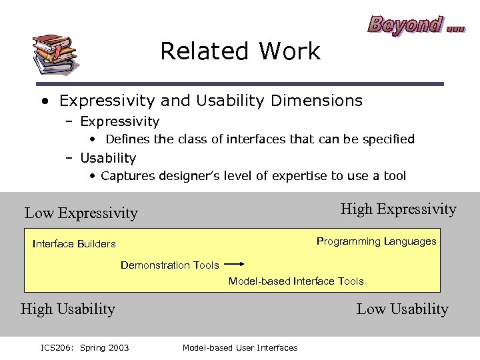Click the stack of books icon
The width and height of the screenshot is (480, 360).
tap(54, 53)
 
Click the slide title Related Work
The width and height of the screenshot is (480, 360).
tap(240, 51)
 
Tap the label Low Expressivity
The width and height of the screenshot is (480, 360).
tap(81, 213)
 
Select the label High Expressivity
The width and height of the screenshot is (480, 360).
tap(398, 209)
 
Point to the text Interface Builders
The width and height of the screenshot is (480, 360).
tap(74, 244)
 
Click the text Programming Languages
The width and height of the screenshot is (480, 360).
tap(376, 241)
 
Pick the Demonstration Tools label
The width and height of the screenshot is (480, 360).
tap(169, 265)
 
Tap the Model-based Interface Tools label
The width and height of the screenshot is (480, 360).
tap(296, 281)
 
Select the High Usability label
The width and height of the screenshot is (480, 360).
tap(68, 309)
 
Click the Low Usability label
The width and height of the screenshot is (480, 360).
tap(402, 309)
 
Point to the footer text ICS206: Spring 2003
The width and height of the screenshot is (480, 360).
tap(85, 347)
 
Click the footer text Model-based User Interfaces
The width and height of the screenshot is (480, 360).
tap(240, 347)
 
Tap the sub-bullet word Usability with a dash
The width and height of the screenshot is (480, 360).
tap(108, 159)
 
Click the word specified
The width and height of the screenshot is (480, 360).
tap(389, 139)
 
